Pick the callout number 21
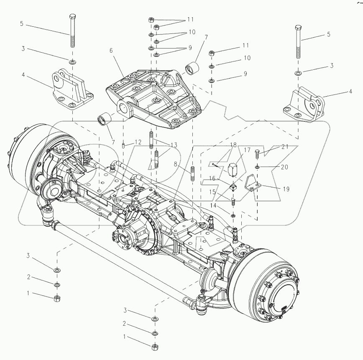click(x=285, y=147)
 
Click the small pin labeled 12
click(x=124, y=146)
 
